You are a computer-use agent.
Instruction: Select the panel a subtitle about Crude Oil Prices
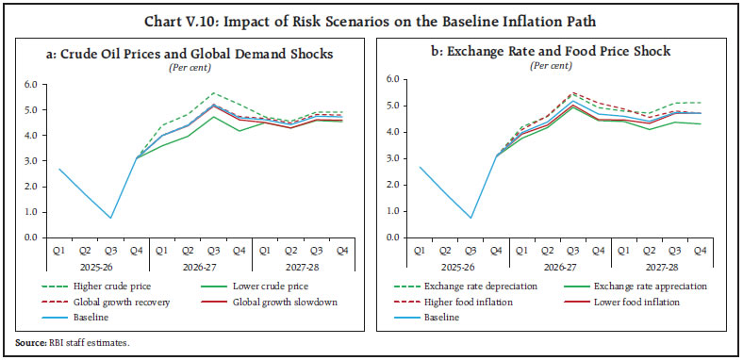coord(190,55)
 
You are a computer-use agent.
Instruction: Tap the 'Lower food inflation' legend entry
coord(624,302)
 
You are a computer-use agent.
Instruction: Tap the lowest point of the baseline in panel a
coord(111,218)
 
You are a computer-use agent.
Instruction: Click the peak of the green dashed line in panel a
coord(214,92)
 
